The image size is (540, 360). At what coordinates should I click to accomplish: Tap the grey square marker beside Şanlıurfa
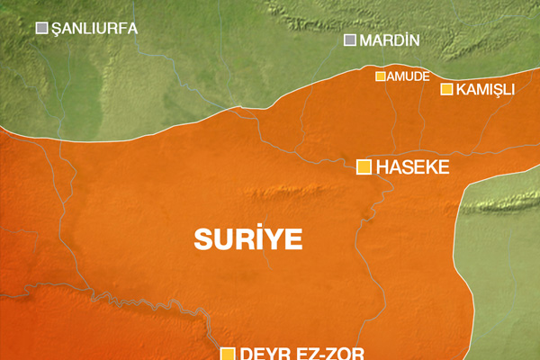(x=41, y=29)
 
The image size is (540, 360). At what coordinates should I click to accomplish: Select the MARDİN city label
(x=390, y=40)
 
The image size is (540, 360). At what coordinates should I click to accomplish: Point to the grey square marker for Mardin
(x=350, y=40)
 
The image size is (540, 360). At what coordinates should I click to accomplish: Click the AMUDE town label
(x=408, y=76)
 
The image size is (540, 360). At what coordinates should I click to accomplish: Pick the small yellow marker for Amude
(x=381, y=76)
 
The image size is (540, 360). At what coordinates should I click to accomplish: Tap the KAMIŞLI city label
(x=485, y=89)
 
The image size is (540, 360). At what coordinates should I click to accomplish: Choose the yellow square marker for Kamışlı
(x=446, y=88)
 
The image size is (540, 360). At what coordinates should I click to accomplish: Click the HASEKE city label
(x=411, y=166)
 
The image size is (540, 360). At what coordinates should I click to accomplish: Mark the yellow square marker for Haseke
(x=364, y=166)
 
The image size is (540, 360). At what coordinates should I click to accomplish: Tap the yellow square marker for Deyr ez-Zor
(x=228, y=354)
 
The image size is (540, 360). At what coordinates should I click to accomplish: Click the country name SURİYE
(x=248, y=238)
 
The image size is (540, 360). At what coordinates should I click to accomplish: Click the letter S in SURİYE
(x=203, y=238)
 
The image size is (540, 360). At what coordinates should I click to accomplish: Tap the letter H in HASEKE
(x=382, y=166)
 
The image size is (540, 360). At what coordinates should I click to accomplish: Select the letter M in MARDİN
(x=364, y=40)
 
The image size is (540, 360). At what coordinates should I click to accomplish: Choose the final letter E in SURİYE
(x=293, y=238)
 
